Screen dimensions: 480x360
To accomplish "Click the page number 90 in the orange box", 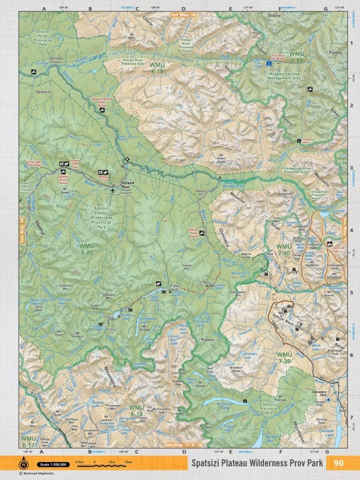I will coord(338,463).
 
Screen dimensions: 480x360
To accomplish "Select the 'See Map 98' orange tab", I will coord(184,15).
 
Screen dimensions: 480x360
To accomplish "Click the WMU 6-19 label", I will coord(157,68).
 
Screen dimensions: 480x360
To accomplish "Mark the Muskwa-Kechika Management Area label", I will coord(291,76).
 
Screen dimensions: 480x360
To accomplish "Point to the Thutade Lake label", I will coord(335,431).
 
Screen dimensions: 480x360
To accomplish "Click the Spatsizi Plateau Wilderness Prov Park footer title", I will coord(256,464).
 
